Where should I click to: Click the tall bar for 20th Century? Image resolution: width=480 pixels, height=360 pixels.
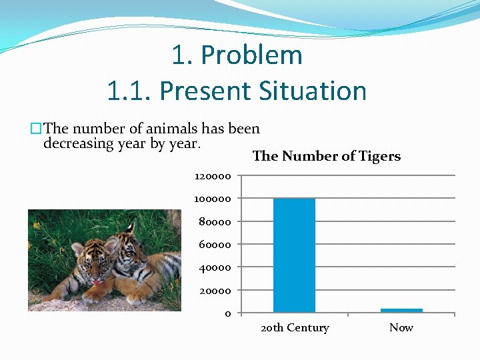[294, 255]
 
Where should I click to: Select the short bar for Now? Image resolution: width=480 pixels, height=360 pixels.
[401, 310]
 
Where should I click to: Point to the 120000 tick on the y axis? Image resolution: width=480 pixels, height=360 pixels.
[213, 177]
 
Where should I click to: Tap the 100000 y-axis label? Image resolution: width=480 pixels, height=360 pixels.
[213, 199]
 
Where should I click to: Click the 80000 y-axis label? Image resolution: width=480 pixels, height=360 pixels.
[215, 222]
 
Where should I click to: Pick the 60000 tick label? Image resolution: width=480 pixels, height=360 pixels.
[215, 245]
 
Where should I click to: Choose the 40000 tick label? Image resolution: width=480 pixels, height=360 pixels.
[215, 268]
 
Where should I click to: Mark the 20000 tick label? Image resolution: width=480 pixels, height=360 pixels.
[215, 291]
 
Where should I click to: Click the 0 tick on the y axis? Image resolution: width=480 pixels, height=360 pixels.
[227, 314]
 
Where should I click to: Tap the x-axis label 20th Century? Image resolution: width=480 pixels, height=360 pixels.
[295, 328]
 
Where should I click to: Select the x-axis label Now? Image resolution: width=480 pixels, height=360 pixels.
[401, 328]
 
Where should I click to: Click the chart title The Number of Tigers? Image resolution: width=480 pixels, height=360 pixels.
[327, 157]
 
